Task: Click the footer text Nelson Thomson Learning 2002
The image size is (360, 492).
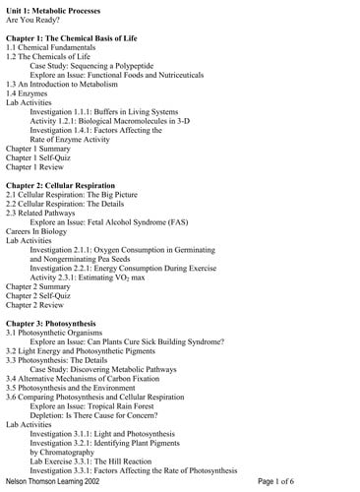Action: (x=59, y=482)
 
